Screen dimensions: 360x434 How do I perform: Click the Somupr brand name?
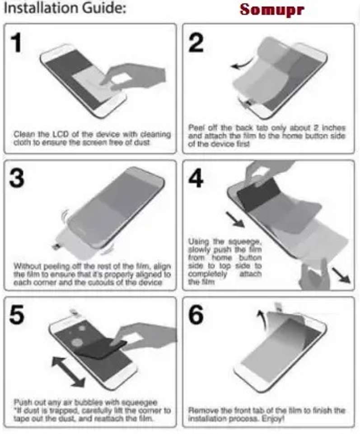click(272, 10)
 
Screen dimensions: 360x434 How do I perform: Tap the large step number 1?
click(17, 43)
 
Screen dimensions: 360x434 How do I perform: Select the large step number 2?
click(196, 43)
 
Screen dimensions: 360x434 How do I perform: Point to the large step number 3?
click(17, 178)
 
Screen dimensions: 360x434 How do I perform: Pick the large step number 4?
click(196, 178)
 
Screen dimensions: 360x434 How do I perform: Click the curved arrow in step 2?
click(243, 64)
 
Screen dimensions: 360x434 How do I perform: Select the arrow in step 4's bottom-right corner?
click(341, 275)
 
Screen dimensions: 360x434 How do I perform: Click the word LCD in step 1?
click(61, 135)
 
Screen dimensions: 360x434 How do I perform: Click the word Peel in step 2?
click(196, 128)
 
